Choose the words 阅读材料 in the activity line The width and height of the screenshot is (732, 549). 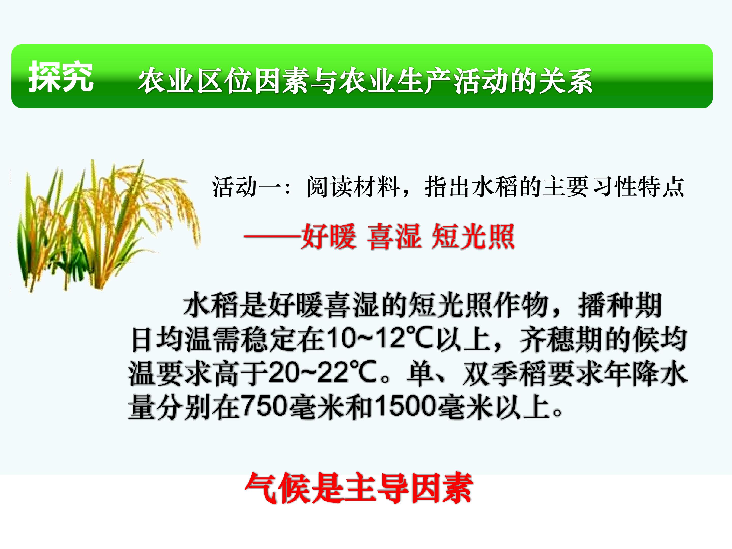[353, 187]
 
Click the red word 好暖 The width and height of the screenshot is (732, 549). [329, 237]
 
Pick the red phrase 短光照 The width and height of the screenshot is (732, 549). [473, 237]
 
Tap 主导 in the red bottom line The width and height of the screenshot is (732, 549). [376, 488]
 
